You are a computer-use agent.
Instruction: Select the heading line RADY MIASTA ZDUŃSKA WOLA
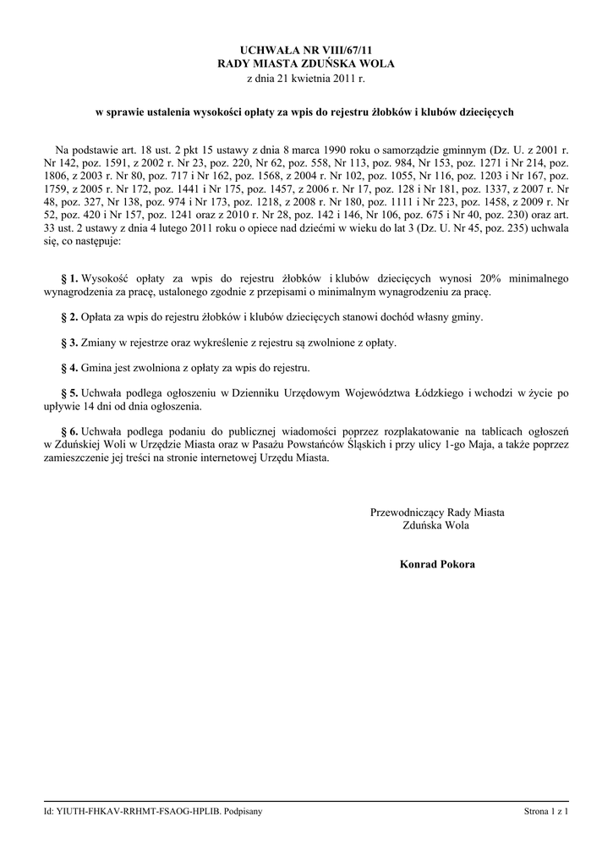[306, 64]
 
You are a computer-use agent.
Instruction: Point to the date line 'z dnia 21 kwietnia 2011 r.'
[306, 79]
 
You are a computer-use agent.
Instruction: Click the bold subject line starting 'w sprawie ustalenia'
[306, 112]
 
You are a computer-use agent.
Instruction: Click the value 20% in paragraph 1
[490, 278]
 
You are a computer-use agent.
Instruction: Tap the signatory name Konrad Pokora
[437, 564]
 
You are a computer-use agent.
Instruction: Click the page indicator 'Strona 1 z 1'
[546, 812]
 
